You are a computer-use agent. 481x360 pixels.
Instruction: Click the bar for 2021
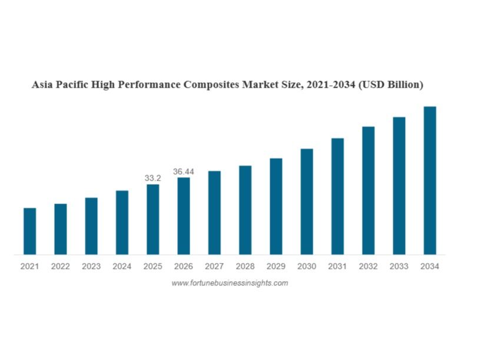tap(29, 231)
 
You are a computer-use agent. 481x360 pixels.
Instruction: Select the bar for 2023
tap(91, 226)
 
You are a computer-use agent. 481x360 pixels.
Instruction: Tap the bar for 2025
tap(152, 219)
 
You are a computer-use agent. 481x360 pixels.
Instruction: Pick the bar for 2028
tap(245, 210)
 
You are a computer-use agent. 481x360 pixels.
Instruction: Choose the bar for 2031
tap(337, 196)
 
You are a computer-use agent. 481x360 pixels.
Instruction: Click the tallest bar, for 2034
tap(430, 181)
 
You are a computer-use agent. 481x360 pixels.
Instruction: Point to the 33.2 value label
tap(153, 178)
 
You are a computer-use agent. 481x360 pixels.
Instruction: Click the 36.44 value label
tap(184, 172)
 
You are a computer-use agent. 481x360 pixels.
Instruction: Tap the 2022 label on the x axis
tap(60, 266)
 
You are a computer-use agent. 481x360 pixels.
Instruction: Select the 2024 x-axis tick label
tap(122, 266)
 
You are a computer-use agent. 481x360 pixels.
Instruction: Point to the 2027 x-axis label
tap(214, 266)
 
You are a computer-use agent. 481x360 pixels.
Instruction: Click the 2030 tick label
tap(307, 266)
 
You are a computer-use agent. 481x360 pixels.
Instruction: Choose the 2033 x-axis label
tap(399, 266)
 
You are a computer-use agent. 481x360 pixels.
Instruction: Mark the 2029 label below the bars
tap(276, 266)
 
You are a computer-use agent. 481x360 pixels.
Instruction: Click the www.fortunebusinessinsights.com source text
tap(230, 283)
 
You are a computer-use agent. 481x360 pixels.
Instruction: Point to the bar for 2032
tap(368, 191)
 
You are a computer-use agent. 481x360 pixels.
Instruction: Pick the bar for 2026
tap(184, 216)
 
